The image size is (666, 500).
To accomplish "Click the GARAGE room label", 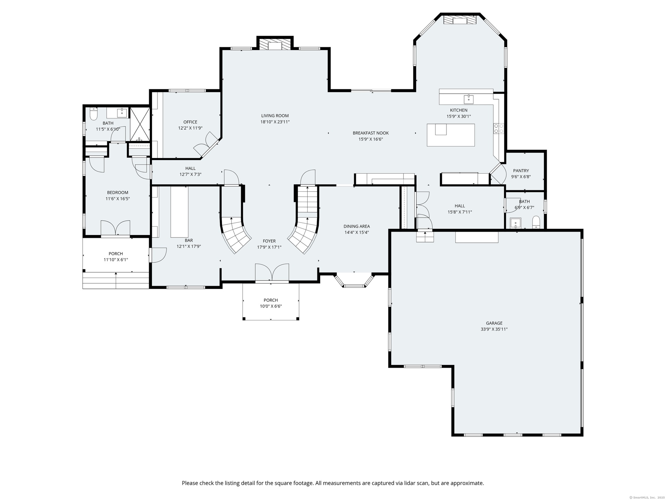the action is (494, 323).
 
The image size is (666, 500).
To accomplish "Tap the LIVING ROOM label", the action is (275, 116).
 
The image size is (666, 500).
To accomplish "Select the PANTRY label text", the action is (521, 170).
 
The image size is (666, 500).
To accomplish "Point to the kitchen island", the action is (451, 135).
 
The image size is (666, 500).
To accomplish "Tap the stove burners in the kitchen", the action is (498, 128).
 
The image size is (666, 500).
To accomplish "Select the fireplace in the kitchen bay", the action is (460, 19).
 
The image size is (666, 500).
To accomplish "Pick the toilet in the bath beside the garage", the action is (536, 222).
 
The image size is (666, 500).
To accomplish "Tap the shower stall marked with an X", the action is (140, 124).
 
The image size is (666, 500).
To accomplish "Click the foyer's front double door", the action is (272, 272).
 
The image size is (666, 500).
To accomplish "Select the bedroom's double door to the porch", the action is (116, 228).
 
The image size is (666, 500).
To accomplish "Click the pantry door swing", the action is (498, 174).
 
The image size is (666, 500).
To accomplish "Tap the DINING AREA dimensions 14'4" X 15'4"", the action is (357, 232).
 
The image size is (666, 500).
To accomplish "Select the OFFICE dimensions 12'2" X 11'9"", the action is (190, 128).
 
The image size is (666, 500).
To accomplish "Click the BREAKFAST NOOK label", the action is (370, 133).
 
